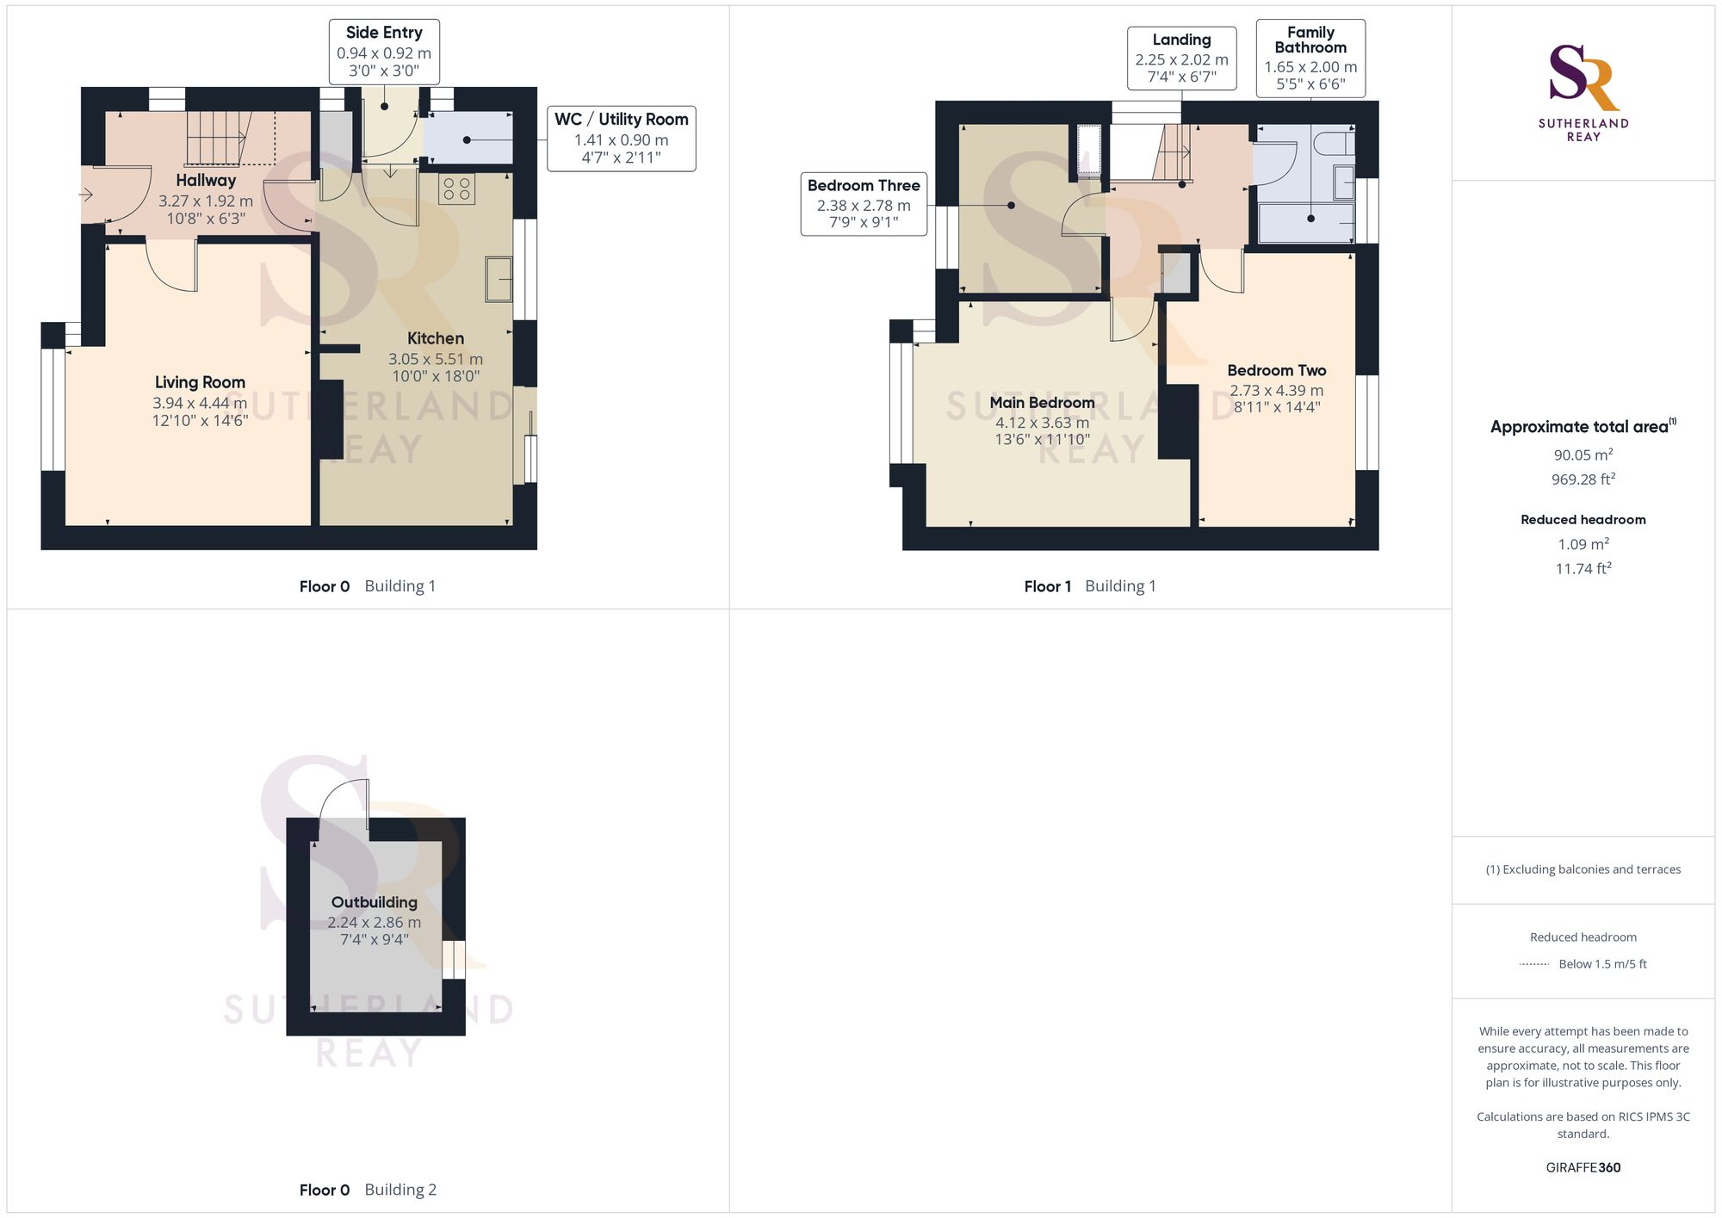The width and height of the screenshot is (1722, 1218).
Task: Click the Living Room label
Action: (200, 382)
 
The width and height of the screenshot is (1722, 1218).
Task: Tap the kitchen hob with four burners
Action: (456, 189)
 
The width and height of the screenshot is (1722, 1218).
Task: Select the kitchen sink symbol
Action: (499, 279)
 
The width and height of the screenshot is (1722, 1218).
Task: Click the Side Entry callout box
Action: (384, 52)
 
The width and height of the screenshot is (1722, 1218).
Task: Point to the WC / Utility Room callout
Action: (621, 139)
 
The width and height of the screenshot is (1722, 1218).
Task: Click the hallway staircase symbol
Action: (219, 138)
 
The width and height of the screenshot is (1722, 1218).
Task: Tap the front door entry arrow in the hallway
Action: (86, 195)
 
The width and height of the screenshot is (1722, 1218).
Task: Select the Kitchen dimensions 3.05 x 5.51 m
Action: (435, 359)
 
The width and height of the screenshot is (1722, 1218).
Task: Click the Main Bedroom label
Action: (1042, 403)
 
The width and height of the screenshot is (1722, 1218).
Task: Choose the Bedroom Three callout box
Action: (864, 204)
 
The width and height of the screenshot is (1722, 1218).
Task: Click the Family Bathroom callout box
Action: (1310, 58)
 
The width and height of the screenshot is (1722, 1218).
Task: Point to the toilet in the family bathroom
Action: (1335, 142)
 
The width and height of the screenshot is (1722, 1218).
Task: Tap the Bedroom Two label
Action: (1276, 370)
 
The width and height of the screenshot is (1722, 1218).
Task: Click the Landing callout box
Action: (1181, 59)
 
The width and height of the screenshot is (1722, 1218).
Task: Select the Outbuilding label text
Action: (374, 902)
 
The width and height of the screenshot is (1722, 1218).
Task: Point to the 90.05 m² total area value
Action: (1583, 454)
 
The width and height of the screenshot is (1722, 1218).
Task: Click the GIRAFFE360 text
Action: (1583, 1167)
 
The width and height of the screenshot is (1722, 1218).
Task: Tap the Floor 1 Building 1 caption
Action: (1089, 586)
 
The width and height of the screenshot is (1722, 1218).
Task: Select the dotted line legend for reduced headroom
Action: (1534, 964)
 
